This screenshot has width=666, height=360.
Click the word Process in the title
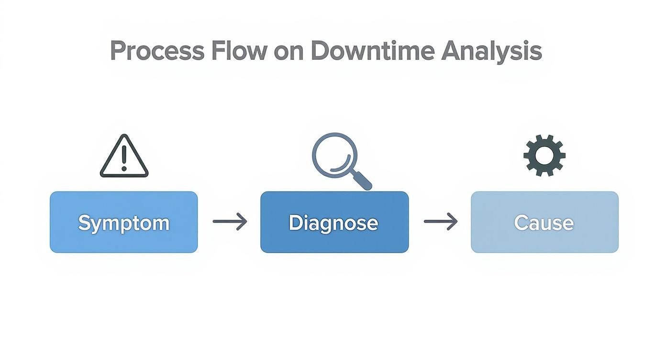click(157, 51)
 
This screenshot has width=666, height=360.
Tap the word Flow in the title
click(239, 51)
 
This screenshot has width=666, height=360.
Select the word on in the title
click(289, 51)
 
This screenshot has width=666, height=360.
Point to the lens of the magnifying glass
click(334, 154)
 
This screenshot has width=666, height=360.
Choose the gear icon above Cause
click(544, 156)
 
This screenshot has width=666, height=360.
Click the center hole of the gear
click(544, 156)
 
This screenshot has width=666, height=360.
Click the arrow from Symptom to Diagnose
click(230, 221)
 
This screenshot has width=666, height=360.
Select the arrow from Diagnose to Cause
click(441, 221)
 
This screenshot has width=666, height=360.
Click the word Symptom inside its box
click(123, 223)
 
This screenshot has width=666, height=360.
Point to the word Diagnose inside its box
click(333, 223)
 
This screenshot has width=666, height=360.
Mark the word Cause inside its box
click(544, 223)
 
